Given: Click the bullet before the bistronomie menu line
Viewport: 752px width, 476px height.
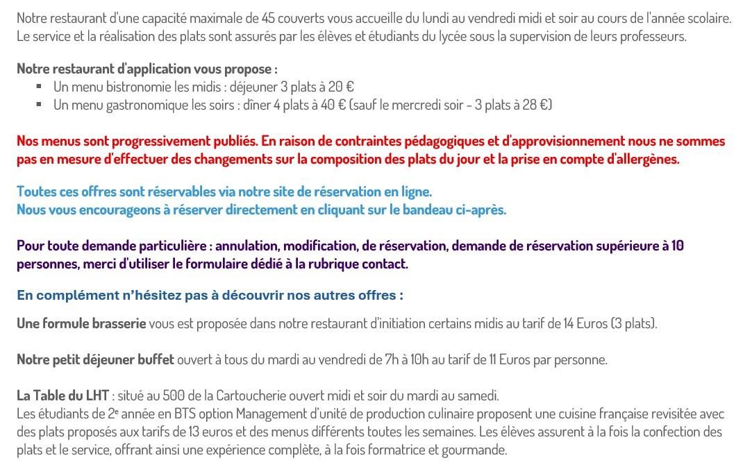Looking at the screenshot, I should click(39, 87).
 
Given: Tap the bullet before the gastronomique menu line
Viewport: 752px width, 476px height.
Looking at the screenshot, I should click(39, 105).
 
